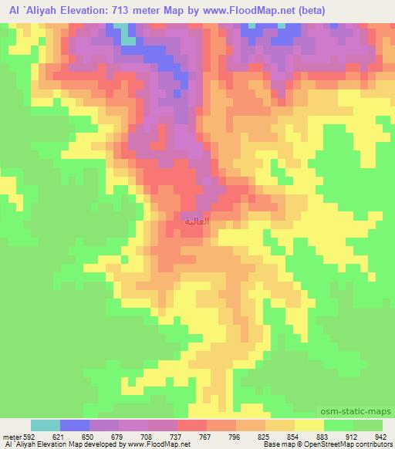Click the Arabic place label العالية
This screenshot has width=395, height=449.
tap(197, 221)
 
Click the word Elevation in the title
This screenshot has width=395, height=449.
tap(86, 11)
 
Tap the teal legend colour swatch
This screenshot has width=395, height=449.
tap(46, 425)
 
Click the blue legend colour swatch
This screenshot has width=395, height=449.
tap(75, 425)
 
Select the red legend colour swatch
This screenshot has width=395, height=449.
tap(191, 425)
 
